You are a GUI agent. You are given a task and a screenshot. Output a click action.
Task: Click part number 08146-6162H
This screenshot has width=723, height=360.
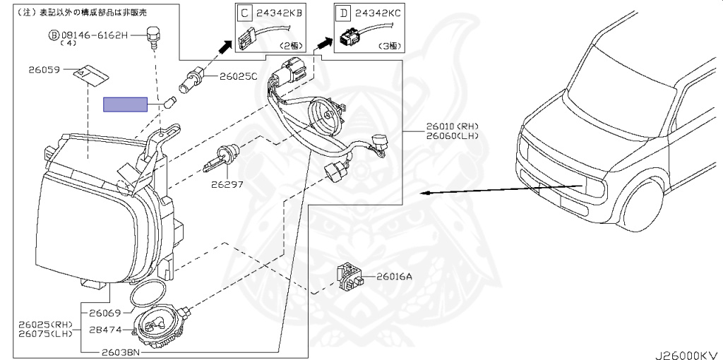coord(94,35)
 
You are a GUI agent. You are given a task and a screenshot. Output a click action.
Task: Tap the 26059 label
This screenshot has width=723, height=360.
coord(44,70)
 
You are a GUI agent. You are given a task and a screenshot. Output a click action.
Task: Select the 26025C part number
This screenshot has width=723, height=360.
coord(238,76)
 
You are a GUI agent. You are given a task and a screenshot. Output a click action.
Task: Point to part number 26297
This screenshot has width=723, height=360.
coord(227,185)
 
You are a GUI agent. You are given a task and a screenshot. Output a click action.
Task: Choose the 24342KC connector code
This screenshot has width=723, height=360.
coord(378,13)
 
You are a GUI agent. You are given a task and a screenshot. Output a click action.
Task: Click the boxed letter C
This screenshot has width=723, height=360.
coord(244,13)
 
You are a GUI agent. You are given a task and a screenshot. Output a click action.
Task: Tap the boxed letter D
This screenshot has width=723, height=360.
coord(343,13)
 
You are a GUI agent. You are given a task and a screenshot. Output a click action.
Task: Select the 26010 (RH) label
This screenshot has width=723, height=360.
coord(452,126)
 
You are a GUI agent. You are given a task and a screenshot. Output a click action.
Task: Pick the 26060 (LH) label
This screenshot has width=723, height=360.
coord(452,136)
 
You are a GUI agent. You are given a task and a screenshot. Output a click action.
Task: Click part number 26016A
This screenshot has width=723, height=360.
coord(394,277)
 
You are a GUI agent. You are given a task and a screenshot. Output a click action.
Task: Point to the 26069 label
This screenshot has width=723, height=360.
coord(104,313)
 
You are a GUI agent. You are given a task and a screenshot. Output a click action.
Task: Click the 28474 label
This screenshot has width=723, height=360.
coord(106,330)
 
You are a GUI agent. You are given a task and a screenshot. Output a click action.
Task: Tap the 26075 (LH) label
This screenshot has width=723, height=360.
coord(46,333)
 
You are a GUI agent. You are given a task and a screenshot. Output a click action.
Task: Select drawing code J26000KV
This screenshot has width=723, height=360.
coord(687,355)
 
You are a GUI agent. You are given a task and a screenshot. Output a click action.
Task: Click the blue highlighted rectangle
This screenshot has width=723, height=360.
coord(125,104)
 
